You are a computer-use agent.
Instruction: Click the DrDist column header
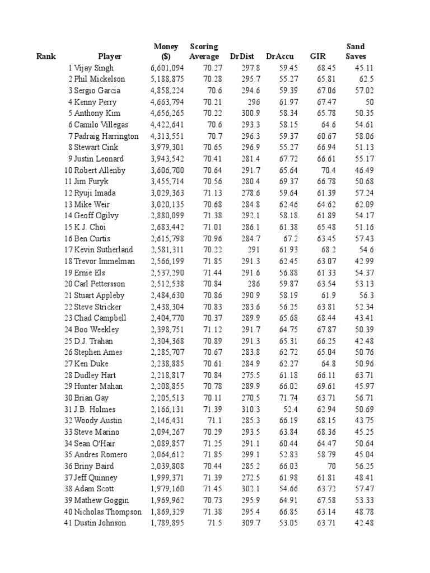point(242,57)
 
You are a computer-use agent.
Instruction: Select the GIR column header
point(317,57)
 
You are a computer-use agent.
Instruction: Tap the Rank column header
point(46,57)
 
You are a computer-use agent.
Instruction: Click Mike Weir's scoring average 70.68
point(208,204)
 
